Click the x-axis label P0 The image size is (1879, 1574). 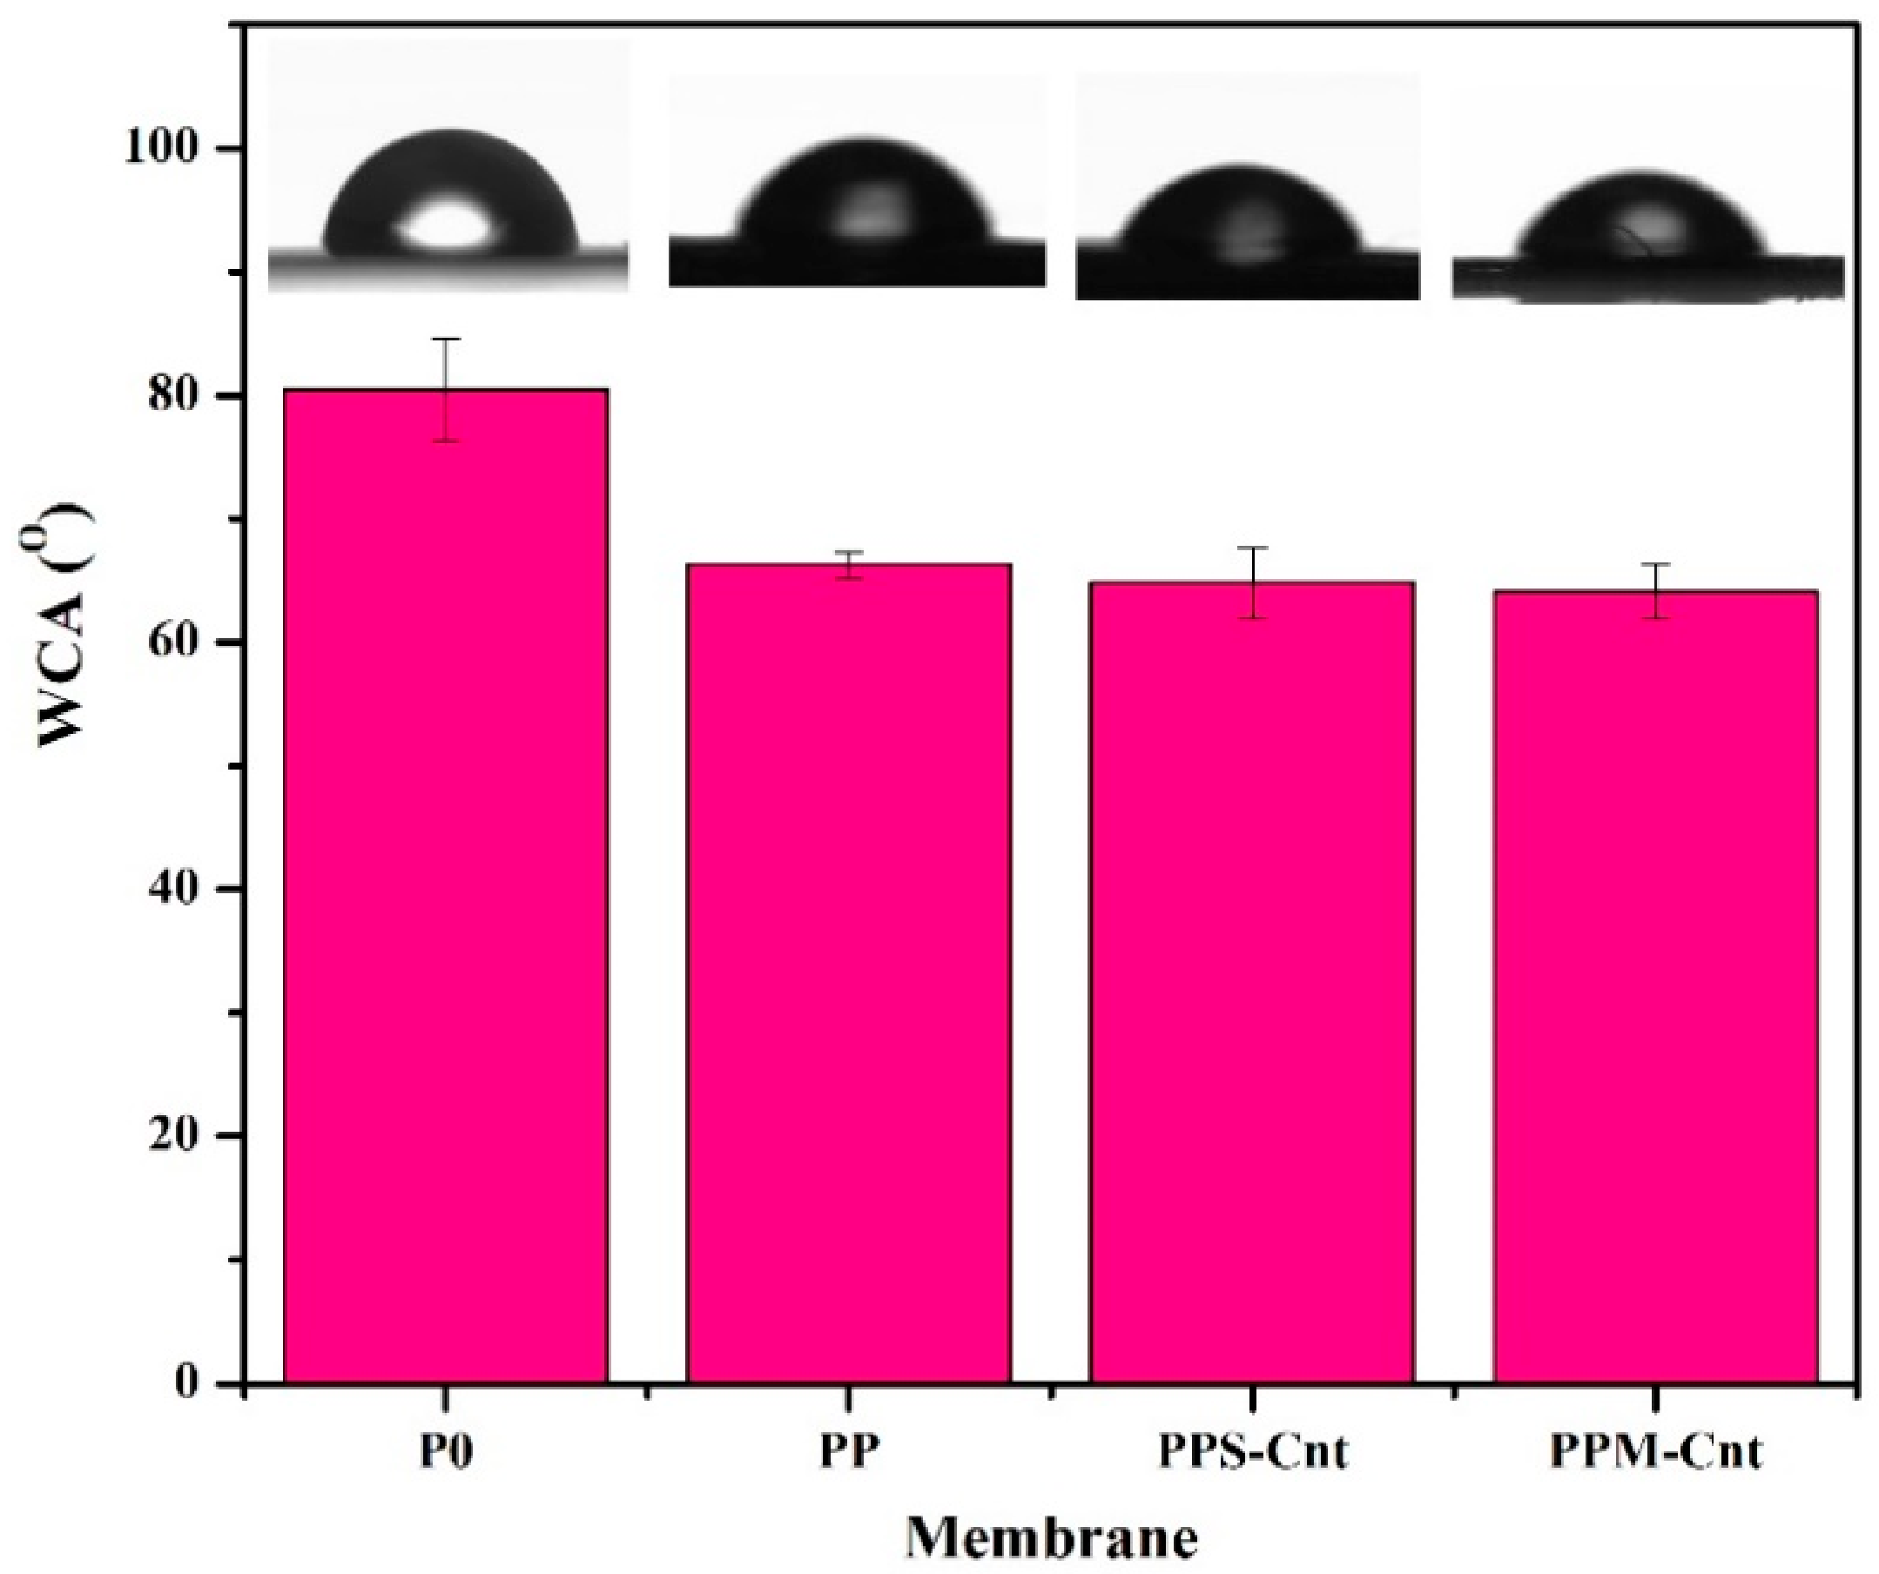click(446, 1452)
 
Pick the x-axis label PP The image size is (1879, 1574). click(849, 1452)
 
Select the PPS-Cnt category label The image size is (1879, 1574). click(1253, 1452)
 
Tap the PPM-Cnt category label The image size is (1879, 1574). click(1655, 1452)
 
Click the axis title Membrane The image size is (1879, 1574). click(1051, 1538)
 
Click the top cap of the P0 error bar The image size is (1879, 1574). click(446, 340)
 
